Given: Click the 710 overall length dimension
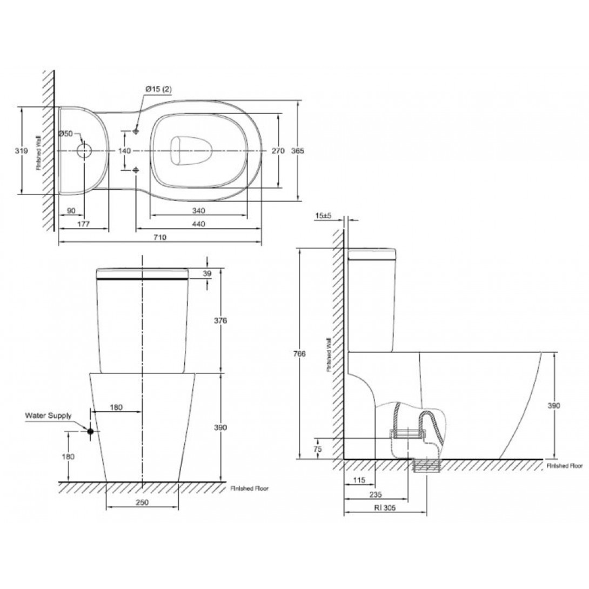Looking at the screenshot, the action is point(159,237).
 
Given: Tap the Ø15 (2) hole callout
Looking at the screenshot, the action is point(158,89).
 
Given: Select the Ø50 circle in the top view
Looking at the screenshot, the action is point(84,151).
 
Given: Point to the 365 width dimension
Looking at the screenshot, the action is point(298,151).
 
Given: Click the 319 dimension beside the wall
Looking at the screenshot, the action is point(22,151).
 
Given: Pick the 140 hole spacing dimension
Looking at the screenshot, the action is point(124,151).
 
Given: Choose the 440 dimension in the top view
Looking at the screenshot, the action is point(198,224).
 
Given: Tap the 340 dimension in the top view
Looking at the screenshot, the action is point(198,210).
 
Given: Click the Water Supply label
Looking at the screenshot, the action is point(48,416).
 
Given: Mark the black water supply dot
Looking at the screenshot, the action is point(90,432).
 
